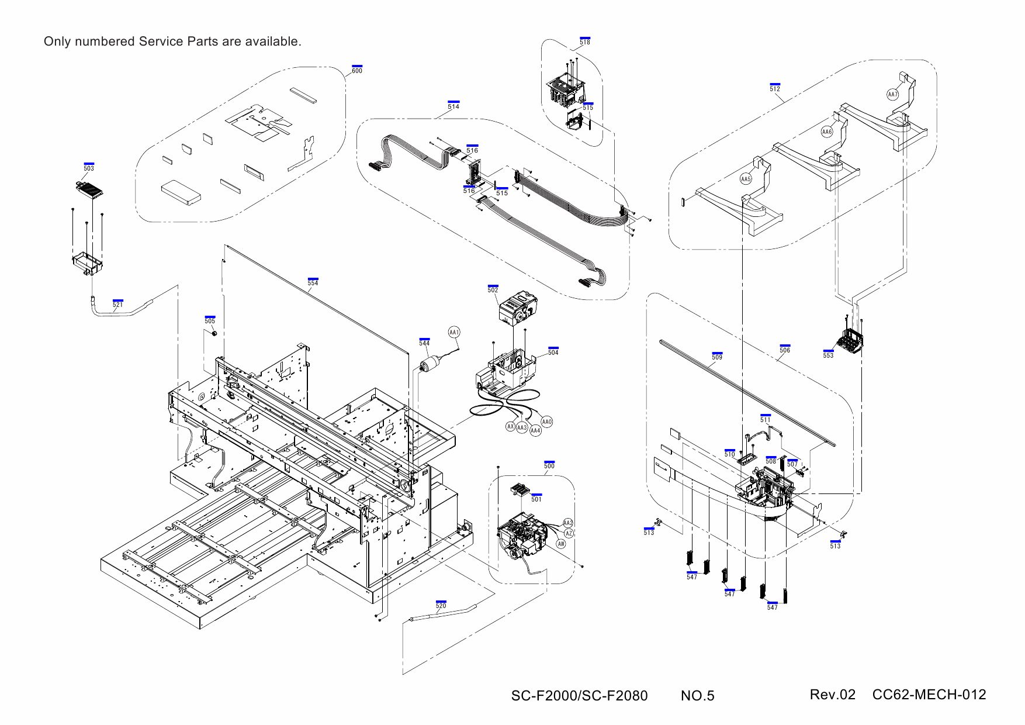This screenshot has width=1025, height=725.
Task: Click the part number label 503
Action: point(89,168)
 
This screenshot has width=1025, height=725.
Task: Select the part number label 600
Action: point(357,71)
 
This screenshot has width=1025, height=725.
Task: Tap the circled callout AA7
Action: point(892,95)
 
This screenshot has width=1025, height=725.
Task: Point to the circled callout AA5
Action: point(746,179)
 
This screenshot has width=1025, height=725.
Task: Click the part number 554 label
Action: point(313,283)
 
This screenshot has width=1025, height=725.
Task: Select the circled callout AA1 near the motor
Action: point(454,332)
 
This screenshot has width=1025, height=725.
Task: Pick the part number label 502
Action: point(493,290)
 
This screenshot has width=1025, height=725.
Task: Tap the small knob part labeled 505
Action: point(214,333)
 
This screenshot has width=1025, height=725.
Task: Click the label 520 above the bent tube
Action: point(441,606)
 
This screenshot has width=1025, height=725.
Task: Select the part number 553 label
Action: point(828,355)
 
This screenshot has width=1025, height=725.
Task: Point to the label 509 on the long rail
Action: point(717,357)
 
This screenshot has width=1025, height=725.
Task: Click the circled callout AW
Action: point(561,544)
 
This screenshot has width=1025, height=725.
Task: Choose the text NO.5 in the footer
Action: point(697,696)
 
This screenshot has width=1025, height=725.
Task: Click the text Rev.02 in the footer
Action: point(832,695)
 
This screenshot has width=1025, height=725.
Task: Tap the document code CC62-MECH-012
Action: point(929,695)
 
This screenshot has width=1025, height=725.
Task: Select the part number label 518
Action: point(585,42)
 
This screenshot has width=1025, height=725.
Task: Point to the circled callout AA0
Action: point(547,422)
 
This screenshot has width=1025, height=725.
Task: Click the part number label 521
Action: point(118,305)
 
